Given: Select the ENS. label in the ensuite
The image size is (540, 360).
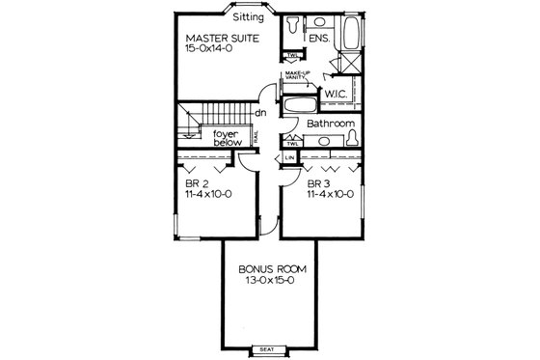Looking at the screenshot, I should (321, 39).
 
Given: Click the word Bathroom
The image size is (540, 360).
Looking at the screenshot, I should (331, 125).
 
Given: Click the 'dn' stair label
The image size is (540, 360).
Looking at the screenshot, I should (260, 113).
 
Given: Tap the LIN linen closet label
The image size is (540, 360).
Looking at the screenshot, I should (289, 156).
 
